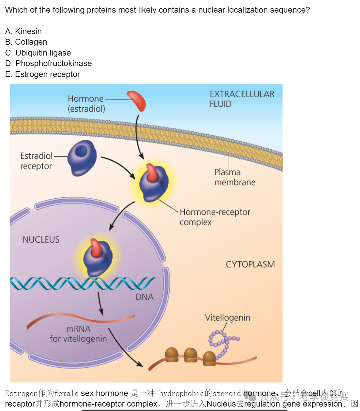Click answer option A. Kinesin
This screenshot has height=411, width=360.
click(24, 31)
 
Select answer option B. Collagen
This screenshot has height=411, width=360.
click(26, 42)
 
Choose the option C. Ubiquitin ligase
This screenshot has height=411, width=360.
click(38, 53)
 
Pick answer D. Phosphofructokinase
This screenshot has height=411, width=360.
click(48, 63)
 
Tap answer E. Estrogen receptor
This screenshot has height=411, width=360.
click(43, 74)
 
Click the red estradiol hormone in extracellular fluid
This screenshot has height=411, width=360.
click(137, 101)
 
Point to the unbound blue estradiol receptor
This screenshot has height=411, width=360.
click(82, 158)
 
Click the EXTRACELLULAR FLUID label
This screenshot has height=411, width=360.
click(242, 99)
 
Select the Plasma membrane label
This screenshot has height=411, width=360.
click(235, 177)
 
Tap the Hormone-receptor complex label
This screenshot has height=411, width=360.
click(215, 217)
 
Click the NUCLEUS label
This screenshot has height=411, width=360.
click(41, 240)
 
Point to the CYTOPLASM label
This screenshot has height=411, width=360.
click(250, 264)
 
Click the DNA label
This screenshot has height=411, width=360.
click(145, 297)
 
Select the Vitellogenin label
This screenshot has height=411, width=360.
click(227, 318)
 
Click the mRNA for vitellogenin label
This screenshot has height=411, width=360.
click(78, 334)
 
